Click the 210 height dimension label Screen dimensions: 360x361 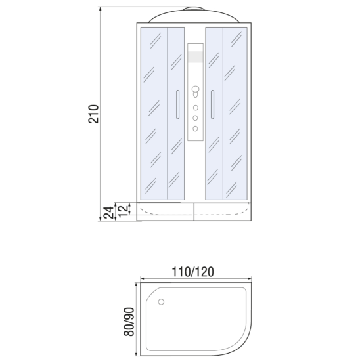94,114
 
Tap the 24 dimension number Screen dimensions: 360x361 108,213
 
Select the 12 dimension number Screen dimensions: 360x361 123,211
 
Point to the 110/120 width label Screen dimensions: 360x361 193,272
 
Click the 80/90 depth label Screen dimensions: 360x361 129,322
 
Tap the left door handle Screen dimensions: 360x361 177,104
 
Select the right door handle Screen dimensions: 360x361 212,104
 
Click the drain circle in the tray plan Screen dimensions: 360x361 161,302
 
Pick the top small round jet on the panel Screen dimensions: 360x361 196,108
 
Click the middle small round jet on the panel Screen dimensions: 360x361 195,118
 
